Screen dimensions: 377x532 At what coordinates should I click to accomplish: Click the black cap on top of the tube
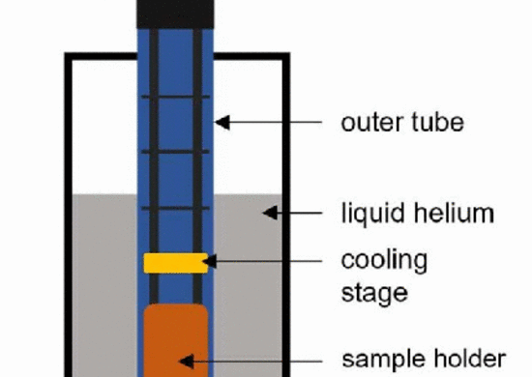176,12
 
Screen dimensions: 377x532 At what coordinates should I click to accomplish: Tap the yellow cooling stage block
175,262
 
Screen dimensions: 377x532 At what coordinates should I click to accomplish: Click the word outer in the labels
365,123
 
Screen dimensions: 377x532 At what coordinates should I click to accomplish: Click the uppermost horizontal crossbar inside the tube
175,97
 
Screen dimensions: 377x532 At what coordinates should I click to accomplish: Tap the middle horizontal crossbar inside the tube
175,153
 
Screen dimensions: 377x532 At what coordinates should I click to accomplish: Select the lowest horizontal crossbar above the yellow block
175,209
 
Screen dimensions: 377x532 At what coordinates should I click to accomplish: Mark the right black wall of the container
283,213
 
